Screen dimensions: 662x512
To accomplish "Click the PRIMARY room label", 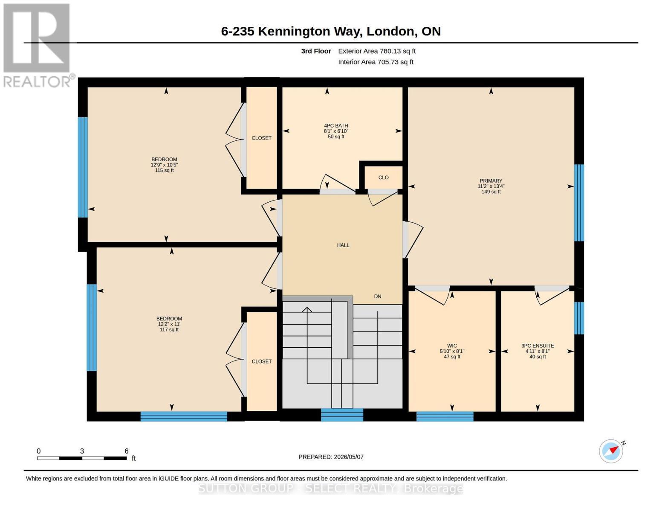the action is point(491,180).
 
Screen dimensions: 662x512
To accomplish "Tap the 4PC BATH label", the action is point(336,125).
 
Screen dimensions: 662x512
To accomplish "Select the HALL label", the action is point(343,245).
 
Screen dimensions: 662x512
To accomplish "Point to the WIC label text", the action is point(452,346).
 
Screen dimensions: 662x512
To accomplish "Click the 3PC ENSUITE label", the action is point(538,346).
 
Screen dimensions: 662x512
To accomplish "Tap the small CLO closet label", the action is point(383,177).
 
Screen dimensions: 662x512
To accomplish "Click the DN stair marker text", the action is point(377,297).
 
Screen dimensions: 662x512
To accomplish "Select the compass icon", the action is point(611,451).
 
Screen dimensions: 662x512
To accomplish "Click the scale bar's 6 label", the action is point(127,451).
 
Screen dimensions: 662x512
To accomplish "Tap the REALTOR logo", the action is point(38,46).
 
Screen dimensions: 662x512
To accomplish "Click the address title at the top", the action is point(331,31).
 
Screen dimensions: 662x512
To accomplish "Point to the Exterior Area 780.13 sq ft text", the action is point(377,51).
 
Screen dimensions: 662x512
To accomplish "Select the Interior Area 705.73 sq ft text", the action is point(376,62).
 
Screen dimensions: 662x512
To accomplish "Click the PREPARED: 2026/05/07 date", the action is point(331,457).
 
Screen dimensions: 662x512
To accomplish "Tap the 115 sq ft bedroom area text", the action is point(164,171).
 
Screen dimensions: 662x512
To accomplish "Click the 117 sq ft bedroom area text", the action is point(169,330).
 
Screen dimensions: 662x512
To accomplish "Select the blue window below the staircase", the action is point(342,415).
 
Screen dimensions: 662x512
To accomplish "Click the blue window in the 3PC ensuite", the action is point(579,318).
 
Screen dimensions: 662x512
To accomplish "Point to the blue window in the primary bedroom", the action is point(579,203).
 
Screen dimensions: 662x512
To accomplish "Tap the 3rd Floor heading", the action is point(316,51).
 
